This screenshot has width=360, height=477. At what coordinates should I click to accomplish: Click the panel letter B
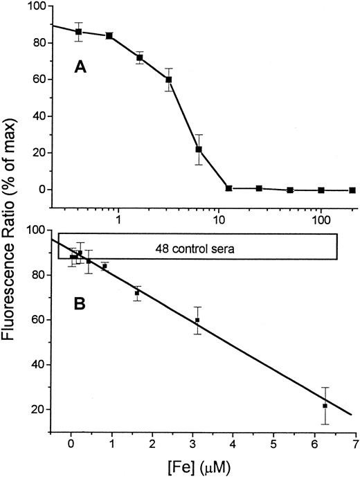click(81, 303)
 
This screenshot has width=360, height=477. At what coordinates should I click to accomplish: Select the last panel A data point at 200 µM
click(352, 190)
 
